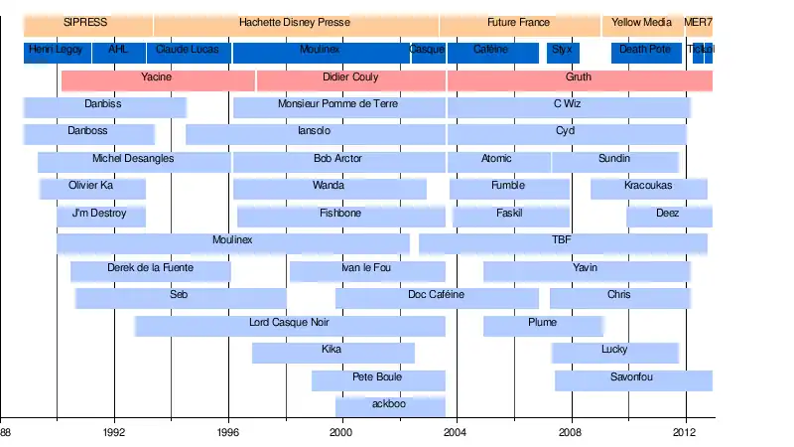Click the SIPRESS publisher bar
point(86,22)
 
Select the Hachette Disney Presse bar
point(295,22)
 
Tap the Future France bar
point(518,22)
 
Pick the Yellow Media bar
point(641,22)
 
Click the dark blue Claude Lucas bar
point(188,50)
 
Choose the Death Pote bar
point(645,50)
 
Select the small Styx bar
point(562,50)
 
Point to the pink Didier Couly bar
point(350,77)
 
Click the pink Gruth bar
point(579,77)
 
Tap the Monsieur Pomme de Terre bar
point(338,104)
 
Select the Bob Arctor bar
point(338,159)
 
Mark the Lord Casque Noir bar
point(289,323)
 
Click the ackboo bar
point(389,404)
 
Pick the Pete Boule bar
point(377,377)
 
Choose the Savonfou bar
point(632,377)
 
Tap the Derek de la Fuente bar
point(150,268)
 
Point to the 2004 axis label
point(457,433)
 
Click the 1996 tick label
point(228,433)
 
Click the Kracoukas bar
point(648,187)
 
